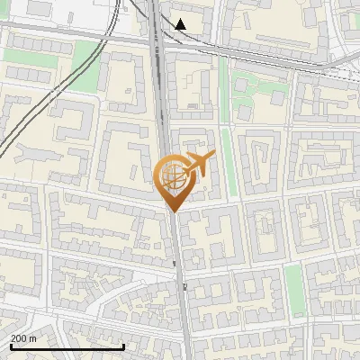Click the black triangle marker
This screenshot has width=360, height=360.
pyautogui.click(x=182, y=24)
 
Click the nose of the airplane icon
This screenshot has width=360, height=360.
pyautogui.click(x=212, y=157)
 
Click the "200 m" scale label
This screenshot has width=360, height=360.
pyautogui.click(x=23, y=338)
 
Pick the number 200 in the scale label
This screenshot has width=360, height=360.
pyautogui.click(x=19, y=338)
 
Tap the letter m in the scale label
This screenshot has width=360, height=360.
pyautogui.click(x=32, y=338)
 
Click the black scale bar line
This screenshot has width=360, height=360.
pyautogui.click(x=67, y=346)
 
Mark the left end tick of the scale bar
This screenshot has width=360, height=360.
pyautogui.click(x=11, y=345)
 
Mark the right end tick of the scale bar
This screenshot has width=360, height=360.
pyautogui.click(x=123, y=345)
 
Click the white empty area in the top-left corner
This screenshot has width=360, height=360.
pyautogui.click(x=54, y=11)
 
